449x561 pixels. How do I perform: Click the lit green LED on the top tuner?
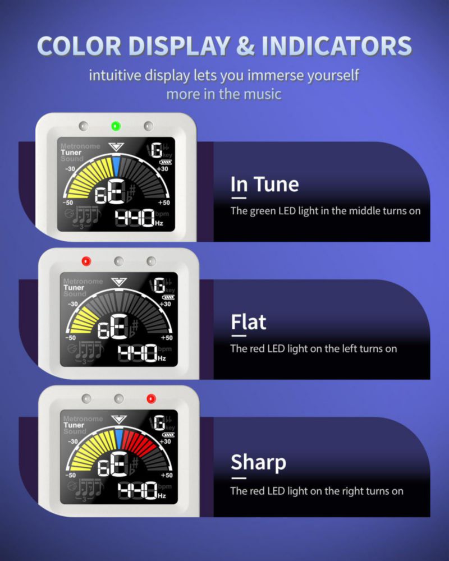click(116, 126)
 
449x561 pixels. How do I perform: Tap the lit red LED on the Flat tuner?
click(86, 261)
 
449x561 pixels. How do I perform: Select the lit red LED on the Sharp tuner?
click(151, 398)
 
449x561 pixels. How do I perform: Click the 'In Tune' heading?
click(264, 184)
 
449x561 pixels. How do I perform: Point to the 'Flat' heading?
click(249, 322)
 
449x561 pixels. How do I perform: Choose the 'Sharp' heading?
click(259, 462)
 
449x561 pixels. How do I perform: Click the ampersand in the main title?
click(245, 46)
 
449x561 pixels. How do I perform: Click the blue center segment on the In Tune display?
click(116, 166)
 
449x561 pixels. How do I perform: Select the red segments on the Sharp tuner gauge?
click(138, 443)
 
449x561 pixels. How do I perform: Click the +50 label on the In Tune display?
click(164, 203)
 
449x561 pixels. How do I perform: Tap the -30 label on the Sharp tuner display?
click(72, 442)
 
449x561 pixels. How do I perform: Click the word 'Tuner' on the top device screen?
click(71, 153)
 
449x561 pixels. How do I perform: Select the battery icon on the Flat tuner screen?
click(168, 297)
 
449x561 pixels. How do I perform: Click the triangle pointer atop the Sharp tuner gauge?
click(118, 419)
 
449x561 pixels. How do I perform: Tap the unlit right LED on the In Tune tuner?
click(148, 126)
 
